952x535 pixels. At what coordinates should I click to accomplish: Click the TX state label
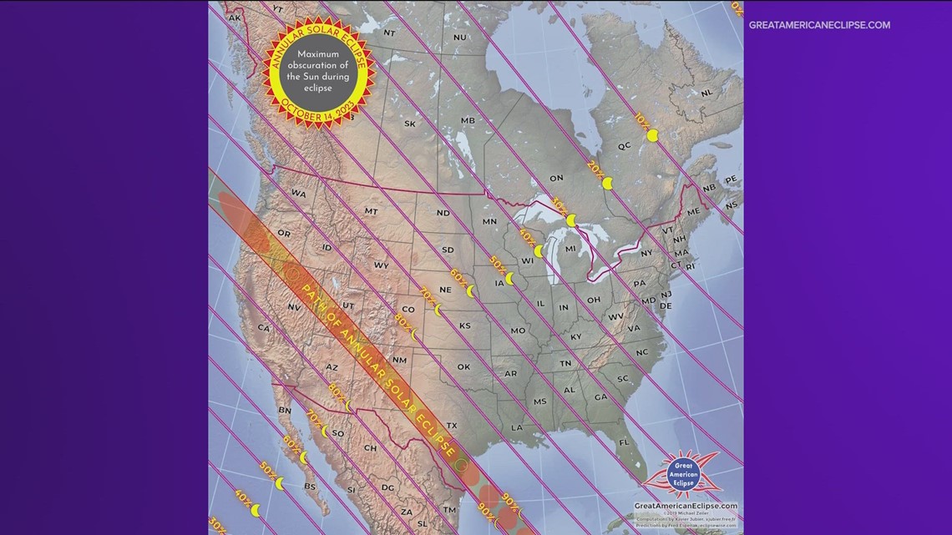[x=452, y=426]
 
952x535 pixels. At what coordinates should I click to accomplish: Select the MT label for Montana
[x=371, y=212]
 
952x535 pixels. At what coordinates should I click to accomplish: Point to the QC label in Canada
[x=624, y=145]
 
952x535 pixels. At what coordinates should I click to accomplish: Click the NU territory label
[x=459, y=38]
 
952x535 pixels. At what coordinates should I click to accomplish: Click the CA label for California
[x=264, y=328]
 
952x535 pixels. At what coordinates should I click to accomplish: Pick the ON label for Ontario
[x=556, y=178]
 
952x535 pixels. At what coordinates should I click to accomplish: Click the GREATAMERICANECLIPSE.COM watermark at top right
[x=819, y=25]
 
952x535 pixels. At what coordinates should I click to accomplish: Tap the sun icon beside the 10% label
[x=653, y=134]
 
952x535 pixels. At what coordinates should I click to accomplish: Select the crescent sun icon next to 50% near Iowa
[x=509, y=279]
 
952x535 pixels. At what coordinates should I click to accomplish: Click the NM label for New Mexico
[x=399, y=361]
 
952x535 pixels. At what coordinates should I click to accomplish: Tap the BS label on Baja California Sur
[x=310, y=486]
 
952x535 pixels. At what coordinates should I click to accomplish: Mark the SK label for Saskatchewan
[x=409, y=124]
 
